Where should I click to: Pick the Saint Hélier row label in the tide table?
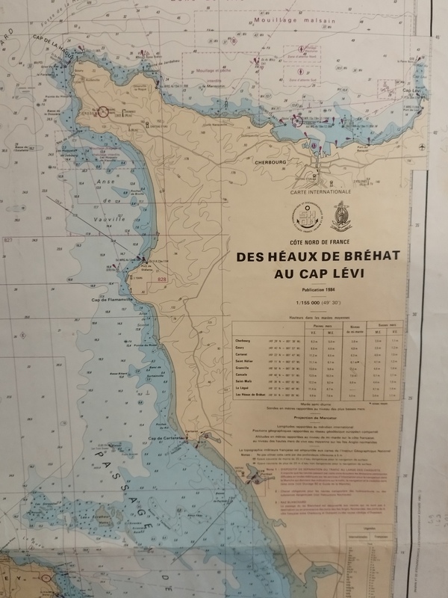pyautogui.click(x=244, y=359)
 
